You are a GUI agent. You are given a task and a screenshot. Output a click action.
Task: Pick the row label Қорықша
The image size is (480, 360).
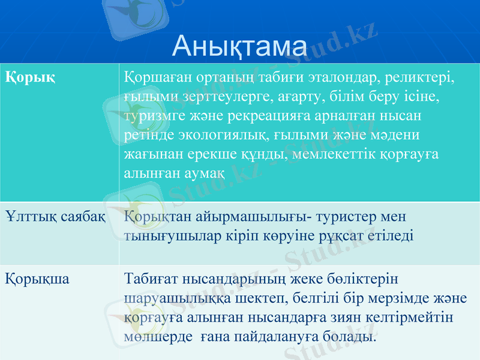(x=37, y=279)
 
